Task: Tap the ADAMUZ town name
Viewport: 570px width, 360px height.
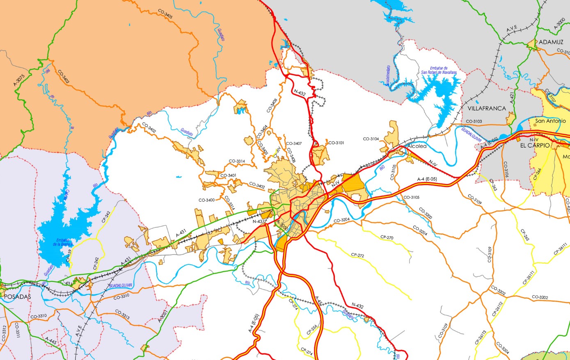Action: click(x=551, y=42)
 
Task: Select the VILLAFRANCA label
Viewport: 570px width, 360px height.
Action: click(x=487, y=108)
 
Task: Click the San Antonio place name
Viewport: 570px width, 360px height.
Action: click(x=551, y=121)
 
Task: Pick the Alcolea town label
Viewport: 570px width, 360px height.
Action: click(x=417, y=146)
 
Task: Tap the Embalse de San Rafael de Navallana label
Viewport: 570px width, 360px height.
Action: click(x=439, y=70)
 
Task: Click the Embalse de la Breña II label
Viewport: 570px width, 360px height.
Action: click(x=63, y=242)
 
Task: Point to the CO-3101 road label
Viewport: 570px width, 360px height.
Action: click(x=336, y=143)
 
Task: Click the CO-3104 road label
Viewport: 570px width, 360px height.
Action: click(x=371, y=139)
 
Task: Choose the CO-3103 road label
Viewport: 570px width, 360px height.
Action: click(x=474, y=122)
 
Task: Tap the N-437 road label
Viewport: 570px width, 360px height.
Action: click(x=259, y=221)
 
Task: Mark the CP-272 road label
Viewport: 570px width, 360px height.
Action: click(x=357, y=255)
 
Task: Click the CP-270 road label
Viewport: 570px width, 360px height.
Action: click(x=387, y=237)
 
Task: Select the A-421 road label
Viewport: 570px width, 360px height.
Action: click(x=511, y=98)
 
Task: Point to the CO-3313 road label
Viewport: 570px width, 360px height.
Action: click(x=123, y=314)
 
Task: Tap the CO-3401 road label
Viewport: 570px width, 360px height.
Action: click(x=228, y=176)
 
